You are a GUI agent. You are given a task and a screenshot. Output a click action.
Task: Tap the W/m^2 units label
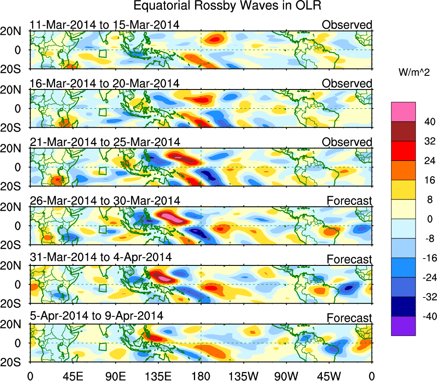click(x=413, y=73)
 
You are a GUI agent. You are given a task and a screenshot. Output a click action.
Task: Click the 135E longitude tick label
click(x=158, y=376)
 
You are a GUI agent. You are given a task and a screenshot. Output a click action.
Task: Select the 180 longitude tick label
click(x=200, y=376)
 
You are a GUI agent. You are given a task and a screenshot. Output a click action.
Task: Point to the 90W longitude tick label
click(x=286, y=376)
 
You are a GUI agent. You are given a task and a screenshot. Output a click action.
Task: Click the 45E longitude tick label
click(x=73, y=376)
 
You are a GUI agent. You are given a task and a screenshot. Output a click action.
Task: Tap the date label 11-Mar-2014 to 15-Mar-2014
click(x=104, y=25)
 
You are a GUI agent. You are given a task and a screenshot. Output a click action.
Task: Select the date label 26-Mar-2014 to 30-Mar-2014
click(x=105, y=200)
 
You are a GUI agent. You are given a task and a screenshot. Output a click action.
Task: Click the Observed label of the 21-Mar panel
click(x=347, y=142)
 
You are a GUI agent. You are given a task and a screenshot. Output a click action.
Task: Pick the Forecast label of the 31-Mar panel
click(x=350, y=259)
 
